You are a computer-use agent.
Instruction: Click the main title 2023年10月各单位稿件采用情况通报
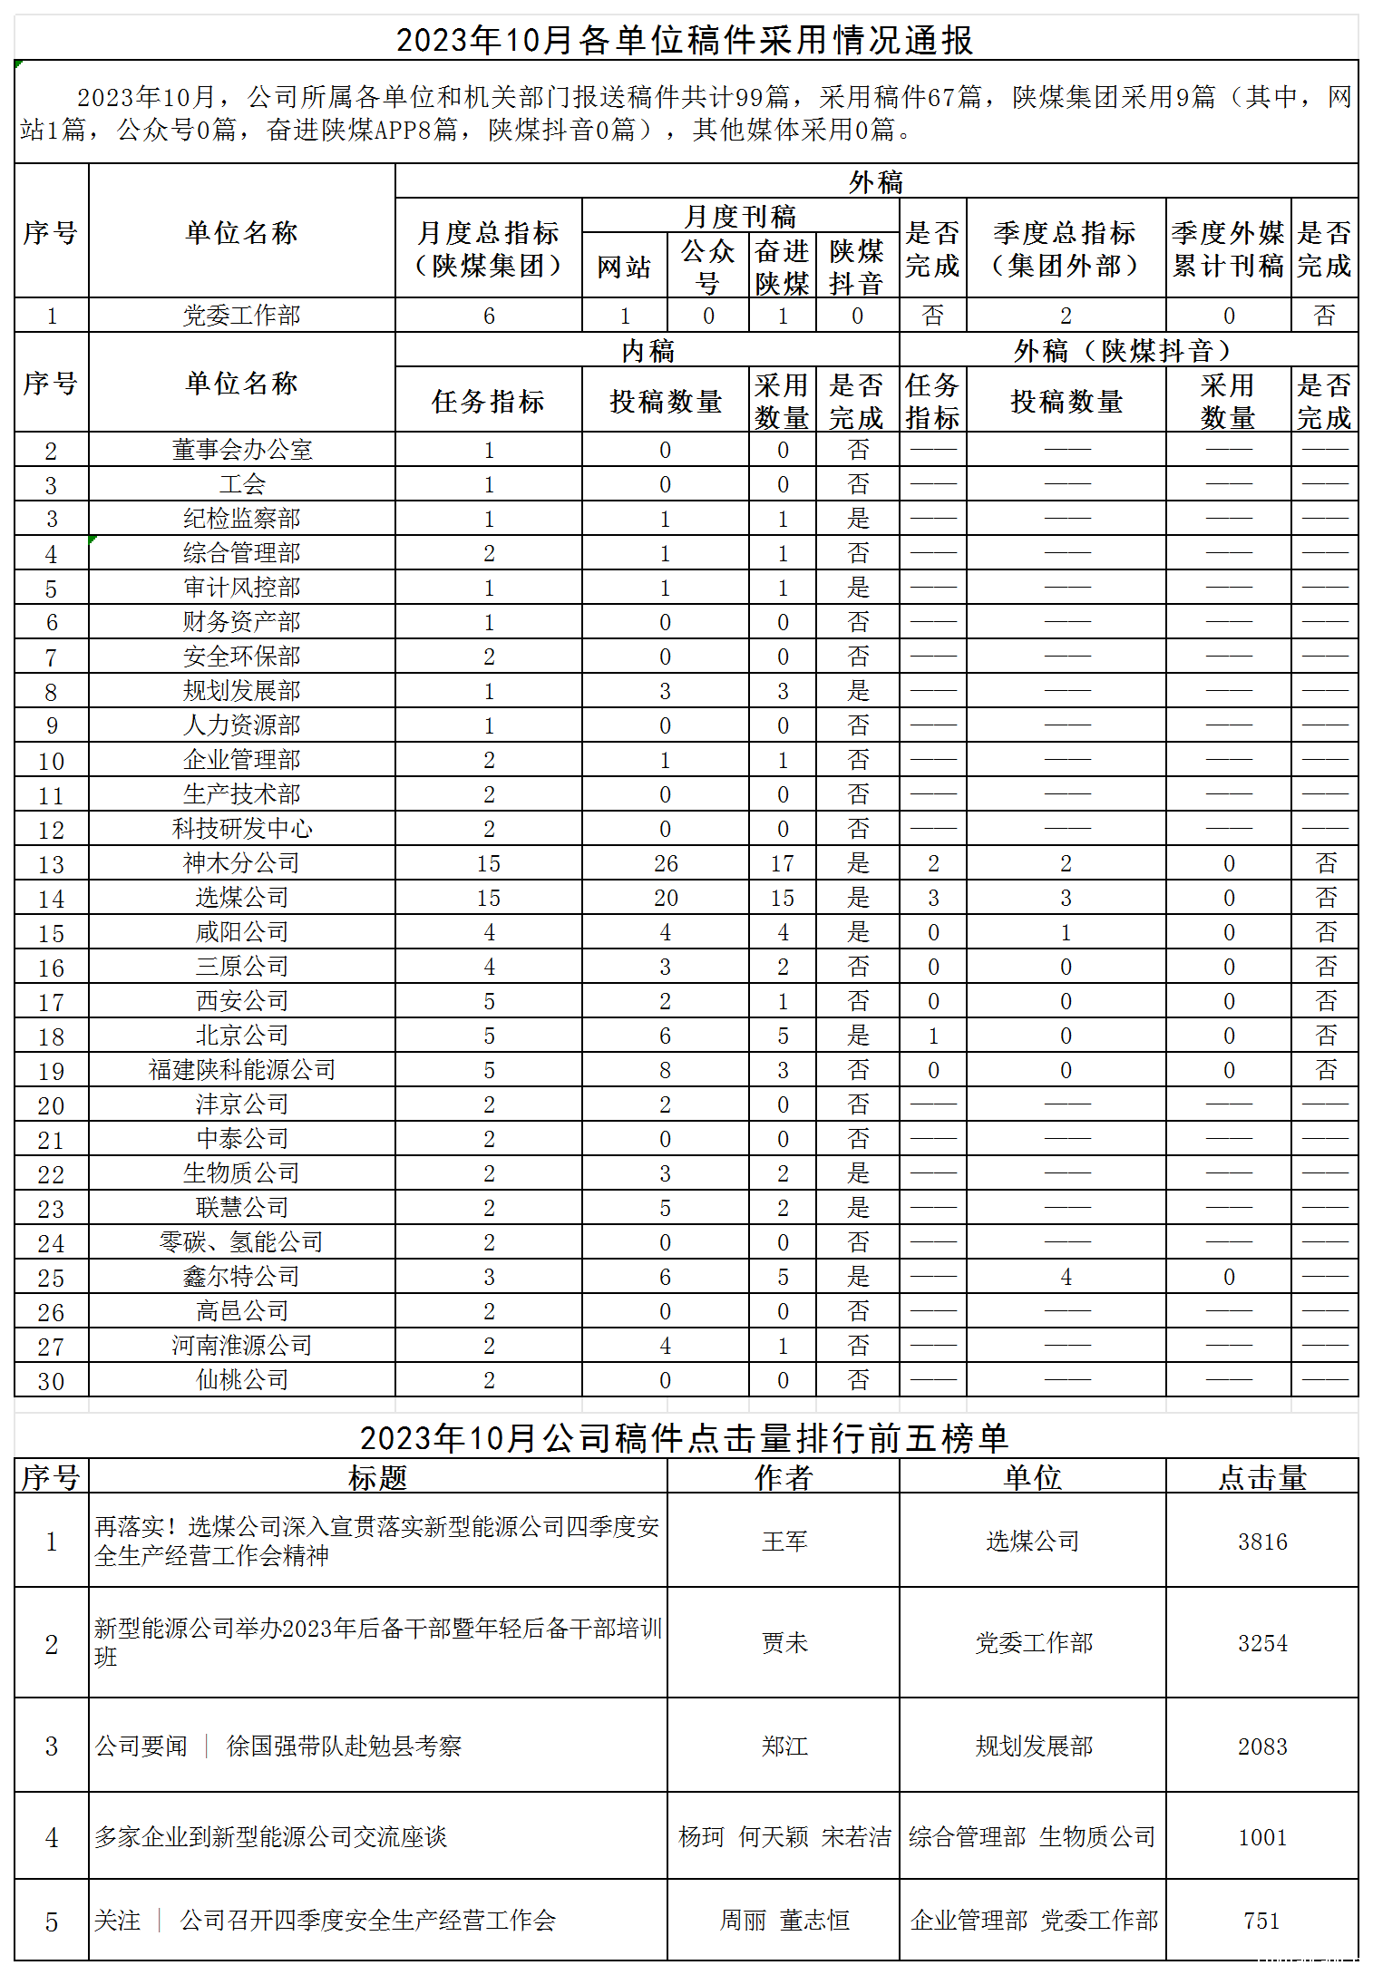point(685,40)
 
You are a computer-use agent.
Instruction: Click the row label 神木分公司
point(241,863)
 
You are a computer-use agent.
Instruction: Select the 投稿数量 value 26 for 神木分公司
point(666,863)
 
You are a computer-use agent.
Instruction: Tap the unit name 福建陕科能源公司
point(241,1070)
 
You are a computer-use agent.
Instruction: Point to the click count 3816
point(1262,1542)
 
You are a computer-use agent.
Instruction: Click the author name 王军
point(784,1542)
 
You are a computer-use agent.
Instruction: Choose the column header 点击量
point(1262,1478)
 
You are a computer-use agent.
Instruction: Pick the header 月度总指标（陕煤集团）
point(488,249)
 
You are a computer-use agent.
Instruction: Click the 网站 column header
point(624,267)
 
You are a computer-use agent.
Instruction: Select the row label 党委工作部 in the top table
point(241,316)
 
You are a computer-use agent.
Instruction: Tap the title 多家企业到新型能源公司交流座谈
point(271,1837)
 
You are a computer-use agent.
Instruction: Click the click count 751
point(1262,1921)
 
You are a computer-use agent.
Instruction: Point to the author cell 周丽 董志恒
point(784,1921)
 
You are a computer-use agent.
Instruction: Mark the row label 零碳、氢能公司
point(241,1242)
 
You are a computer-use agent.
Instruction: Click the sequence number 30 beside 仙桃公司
point(51,1381)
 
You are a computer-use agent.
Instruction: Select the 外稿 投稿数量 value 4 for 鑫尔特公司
point(1066,1277)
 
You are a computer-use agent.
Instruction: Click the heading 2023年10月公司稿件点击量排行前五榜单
point(685,1438)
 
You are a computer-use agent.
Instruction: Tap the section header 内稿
point(648,351)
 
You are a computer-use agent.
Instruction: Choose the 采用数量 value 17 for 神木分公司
point(783,863)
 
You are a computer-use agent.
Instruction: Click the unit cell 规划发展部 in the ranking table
point(1033,1746)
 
